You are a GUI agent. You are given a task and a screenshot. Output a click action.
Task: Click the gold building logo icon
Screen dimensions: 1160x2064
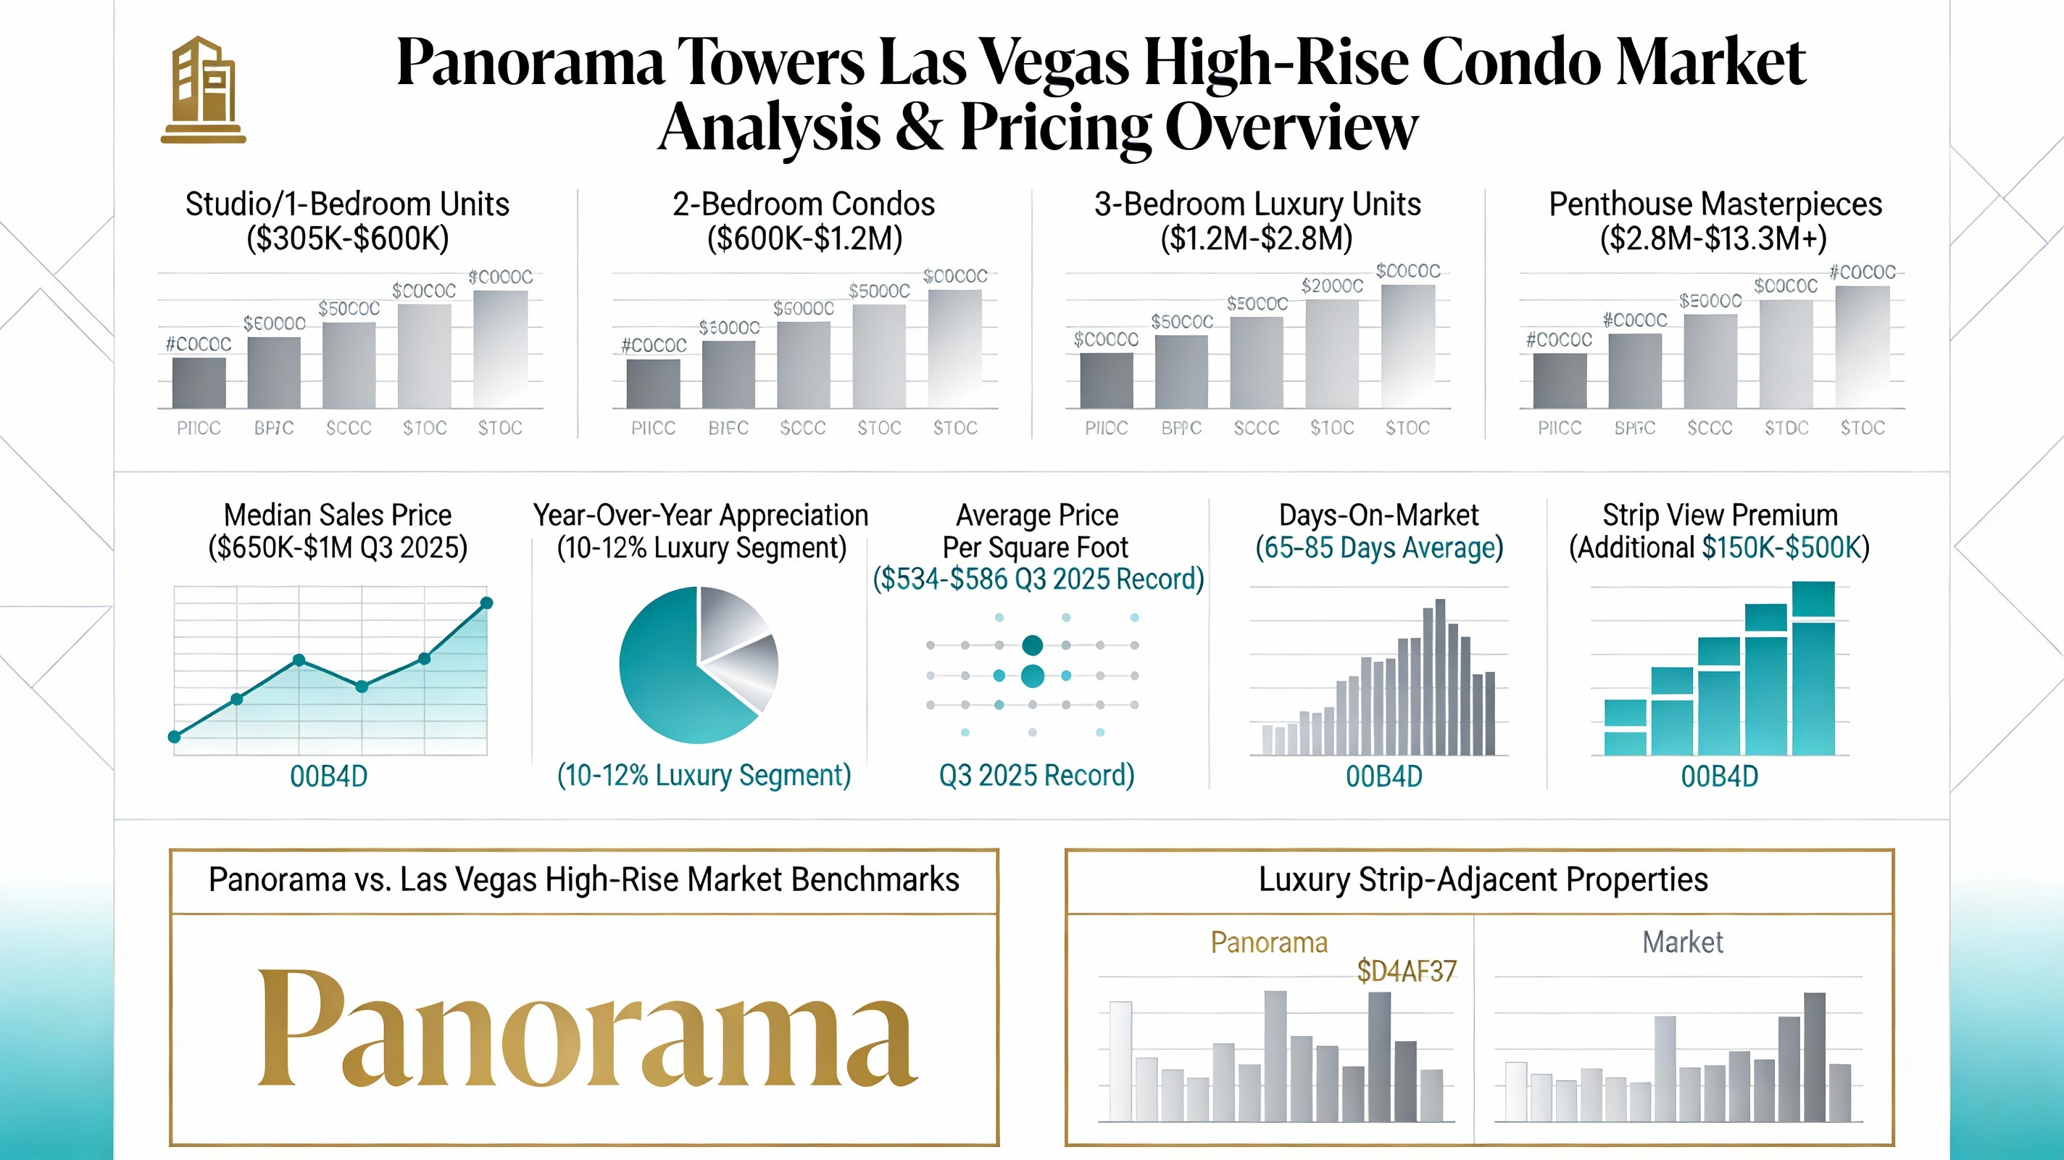204,90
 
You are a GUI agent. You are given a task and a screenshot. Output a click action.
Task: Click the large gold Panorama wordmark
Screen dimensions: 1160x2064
587,1029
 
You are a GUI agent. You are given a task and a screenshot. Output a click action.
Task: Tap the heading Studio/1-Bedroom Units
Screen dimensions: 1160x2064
347,204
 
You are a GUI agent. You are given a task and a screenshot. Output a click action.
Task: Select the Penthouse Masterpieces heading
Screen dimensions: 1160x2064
1715,204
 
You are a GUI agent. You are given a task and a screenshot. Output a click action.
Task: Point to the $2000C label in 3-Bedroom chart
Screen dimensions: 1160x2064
1331,286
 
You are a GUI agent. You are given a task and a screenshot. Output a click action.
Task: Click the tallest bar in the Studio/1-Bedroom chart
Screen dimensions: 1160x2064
500,349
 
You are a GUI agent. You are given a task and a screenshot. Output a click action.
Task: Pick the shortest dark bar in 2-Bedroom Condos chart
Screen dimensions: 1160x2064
653,384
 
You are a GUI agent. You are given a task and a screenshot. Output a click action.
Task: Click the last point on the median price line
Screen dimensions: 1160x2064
486,603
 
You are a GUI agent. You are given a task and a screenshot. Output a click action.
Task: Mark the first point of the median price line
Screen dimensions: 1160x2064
175,737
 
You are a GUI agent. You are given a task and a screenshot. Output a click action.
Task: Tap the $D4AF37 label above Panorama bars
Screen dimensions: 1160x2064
1406,971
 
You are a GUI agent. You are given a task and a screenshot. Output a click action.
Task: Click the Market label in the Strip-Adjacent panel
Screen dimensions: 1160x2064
1682,942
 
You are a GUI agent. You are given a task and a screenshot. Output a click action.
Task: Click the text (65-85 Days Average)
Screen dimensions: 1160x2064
1378,548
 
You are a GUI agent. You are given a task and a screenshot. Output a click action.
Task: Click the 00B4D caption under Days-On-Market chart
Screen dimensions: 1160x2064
1383,776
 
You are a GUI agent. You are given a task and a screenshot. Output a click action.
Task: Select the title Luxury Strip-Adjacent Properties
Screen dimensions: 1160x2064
1483,879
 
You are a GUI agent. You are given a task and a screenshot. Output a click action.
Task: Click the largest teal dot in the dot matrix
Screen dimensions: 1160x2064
1033,676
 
